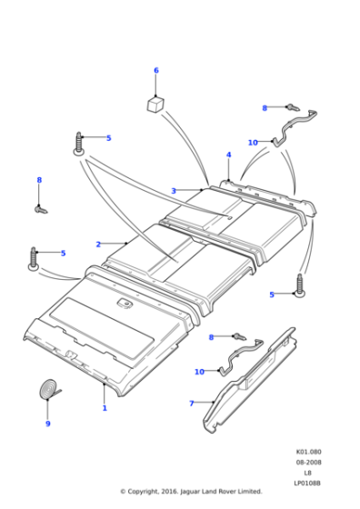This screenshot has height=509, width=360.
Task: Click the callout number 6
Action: pos(155,71)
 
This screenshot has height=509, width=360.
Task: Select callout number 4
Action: pos(229,155)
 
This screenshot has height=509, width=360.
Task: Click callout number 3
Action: pos(173,191)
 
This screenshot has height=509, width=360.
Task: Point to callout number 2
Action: pos(98,244)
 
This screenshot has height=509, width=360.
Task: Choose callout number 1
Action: pos(105,408)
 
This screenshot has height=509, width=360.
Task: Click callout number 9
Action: pos(48,424)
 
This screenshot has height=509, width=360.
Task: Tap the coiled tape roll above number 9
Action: pos(48,390)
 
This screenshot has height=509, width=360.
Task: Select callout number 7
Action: pos(191,403)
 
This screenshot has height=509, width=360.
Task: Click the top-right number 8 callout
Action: pos(265,108)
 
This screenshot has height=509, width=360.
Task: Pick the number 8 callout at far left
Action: pos(39,180)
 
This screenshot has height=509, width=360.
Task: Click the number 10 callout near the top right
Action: pos(252,142)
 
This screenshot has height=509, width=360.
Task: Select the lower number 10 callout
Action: pos(199,371)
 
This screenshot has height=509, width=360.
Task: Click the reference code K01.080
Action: pos(308,452)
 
